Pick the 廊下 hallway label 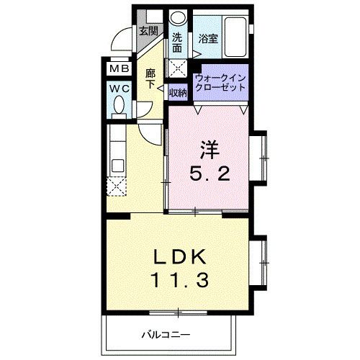point(150,78)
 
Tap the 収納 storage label point(178,92)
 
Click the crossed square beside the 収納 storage point(177,68)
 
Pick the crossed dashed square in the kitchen point(117,186)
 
